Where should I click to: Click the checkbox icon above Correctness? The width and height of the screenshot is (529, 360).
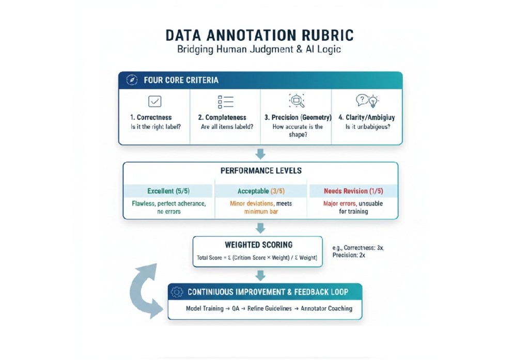pos(154,101)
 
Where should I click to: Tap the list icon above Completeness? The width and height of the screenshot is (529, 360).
pos(226,101)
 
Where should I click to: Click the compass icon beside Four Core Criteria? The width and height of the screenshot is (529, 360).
pos(132,80)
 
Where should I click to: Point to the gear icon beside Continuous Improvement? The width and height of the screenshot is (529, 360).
pos(177,292)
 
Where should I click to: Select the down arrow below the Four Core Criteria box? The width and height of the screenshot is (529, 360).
pos(261,153)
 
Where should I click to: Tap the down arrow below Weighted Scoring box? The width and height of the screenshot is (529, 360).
pos(261,275)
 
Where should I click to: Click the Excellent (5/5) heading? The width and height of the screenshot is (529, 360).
pos(168,191)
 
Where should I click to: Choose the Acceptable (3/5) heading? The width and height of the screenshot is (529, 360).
pos(261,191)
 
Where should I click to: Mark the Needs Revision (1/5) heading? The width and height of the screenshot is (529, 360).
pos(353,191)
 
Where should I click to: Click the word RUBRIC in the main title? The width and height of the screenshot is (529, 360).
pos(323,36)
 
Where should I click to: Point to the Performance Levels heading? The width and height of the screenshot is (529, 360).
pos(261,170)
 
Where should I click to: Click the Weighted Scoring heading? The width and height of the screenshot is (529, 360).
pos(258,245)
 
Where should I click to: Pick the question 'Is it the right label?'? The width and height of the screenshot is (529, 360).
pos(155,127)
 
